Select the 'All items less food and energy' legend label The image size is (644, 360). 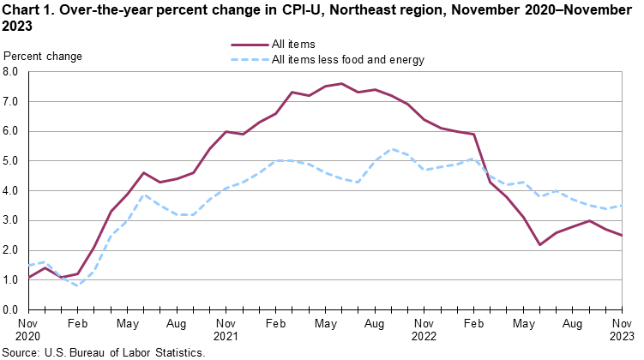pos(347,60)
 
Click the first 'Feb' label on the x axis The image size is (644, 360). pos(78,324)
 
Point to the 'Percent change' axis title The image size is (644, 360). pos(43,57)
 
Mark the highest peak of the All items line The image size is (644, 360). pos(341,83)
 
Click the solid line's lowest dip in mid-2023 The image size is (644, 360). pos(539,244)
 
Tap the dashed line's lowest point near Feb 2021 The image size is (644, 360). pos(78,285)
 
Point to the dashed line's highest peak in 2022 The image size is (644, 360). pos(391,149)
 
